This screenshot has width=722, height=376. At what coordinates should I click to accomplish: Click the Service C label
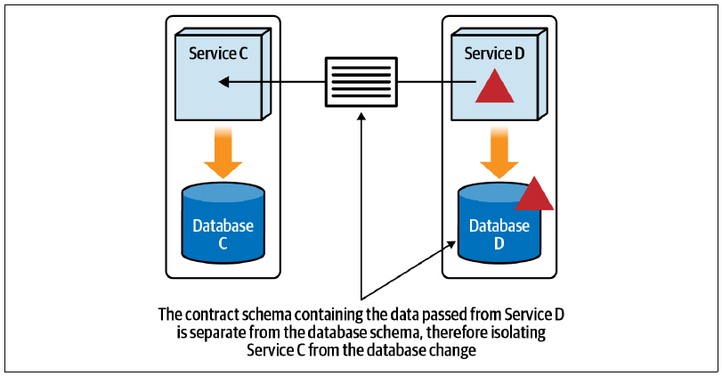[218, 53]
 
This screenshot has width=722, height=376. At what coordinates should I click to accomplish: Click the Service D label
[494, 53]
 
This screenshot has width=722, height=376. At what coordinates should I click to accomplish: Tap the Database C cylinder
[223, 223]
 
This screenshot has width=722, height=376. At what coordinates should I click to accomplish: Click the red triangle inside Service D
[494, 86]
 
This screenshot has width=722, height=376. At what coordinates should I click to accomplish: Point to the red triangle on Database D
[534, 193]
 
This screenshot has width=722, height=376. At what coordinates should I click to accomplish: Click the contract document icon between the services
[361, 82]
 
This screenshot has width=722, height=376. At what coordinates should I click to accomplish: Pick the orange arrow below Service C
[223, 152]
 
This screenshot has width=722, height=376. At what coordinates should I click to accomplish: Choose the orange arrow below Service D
[499, 152]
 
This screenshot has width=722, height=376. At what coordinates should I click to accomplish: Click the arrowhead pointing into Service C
[223, 82]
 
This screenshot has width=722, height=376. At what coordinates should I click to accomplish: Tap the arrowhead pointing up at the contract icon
[361, 116]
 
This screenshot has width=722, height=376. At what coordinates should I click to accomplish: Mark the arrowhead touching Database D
[450, 244]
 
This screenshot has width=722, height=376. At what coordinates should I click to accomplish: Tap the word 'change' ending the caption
[452, 351]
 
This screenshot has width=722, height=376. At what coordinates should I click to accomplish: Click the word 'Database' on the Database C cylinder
[223, 225]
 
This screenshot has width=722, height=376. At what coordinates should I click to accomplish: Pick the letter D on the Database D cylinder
[499, 243]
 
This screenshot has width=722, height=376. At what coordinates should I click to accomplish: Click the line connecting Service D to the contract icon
[436, 82]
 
